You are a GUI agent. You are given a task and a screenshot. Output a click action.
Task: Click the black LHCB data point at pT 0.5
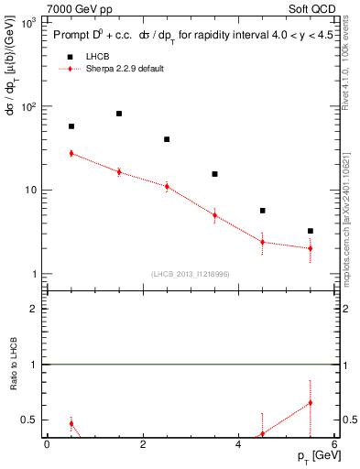click(x=71, y=126)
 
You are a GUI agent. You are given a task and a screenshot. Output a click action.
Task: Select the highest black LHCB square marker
click(x=119, y=114)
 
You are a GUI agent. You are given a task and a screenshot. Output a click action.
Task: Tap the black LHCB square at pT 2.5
click(x=167, y=139)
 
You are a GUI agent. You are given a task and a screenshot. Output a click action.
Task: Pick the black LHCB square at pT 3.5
click(x=214, y=174)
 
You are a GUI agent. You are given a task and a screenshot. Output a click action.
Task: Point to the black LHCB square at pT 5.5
click(x=311, y=231)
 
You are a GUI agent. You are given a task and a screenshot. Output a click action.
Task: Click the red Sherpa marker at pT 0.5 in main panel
click(x=71, y=153)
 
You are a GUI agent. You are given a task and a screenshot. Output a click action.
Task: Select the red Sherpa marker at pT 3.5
click(x=214, y=215)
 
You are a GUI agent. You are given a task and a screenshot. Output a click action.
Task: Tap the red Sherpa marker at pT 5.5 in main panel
click(x=311, y=248)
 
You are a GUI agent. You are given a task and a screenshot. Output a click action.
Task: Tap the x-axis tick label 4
click(x=238, y=444)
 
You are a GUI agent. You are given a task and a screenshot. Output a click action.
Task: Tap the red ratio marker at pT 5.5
click(x=311, y=402)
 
